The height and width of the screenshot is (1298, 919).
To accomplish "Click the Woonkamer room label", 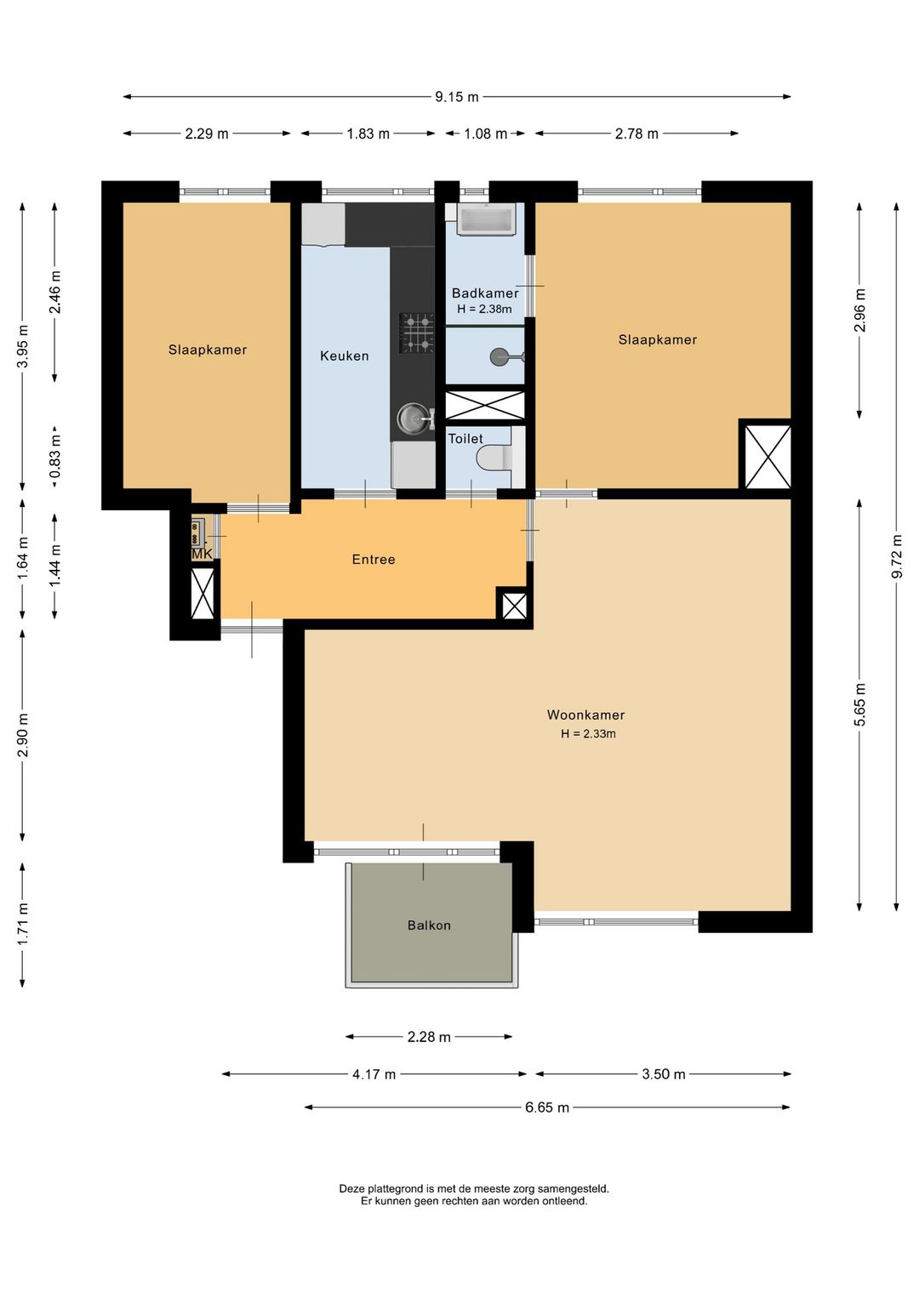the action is (585, 714).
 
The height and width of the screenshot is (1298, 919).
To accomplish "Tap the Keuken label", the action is (345, 356).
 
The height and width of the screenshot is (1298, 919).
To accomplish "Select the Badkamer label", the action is (485, 293).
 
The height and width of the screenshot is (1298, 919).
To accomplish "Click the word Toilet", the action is (465, 439).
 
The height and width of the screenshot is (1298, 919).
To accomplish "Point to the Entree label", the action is (374, 559).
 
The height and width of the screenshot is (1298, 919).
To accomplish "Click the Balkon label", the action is (429, 925).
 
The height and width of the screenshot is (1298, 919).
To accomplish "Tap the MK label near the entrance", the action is (202, 554).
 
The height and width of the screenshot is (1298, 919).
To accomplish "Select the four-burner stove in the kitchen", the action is (416, 333).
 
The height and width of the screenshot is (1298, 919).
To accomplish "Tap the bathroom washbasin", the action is (486, 219).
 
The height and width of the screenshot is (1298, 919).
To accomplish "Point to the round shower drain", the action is (499, 356).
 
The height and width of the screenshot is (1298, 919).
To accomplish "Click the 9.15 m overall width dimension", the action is (457, 97).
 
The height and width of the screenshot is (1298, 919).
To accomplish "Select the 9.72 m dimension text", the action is (898, 556).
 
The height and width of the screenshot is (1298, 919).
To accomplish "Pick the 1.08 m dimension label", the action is (485, 134).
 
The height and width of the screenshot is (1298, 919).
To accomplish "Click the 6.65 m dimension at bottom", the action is (547, 1107).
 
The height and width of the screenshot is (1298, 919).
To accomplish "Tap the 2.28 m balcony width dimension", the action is (429, 1037).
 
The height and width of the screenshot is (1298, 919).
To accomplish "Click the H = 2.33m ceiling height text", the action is (588, 733).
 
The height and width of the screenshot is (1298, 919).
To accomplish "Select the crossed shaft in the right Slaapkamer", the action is (768, 457).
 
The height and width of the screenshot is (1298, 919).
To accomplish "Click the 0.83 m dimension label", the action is (55, 458).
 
